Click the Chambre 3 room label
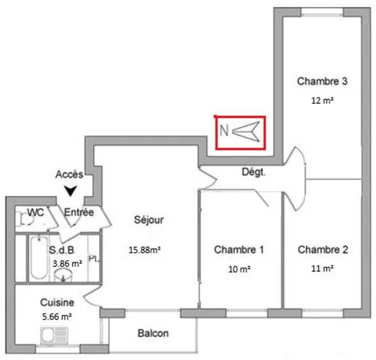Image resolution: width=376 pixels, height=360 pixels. pos(322,81)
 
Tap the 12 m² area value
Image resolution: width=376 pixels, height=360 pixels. pos(322,101)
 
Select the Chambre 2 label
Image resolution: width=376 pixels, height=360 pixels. pos(323,250)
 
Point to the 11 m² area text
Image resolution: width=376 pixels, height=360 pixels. pos(322,269)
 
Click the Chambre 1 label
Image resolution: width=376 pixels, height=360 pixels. pos(239,250)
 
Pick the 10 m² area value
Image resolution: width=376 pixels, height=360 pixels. pos(239,269)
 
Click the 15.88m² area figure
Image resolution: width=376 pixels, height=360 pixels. pos(144,250)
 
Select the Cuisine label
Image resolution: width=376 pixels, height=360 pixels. pos(57,303)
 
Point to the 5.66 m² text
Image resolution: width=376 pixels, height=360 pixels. pos(57,316)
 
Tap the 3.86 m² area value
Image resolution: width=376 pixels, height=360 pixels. pos(67,263)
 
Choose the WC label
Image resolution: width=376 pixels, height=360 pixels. pos(36,213)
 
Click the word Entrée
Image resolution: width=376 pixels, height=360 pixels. pos(79,213)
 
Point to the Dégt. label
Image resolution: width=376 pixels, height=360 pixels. pos(254,172)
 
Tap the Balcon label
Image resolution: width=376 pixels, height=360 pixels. pos(153,333)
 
